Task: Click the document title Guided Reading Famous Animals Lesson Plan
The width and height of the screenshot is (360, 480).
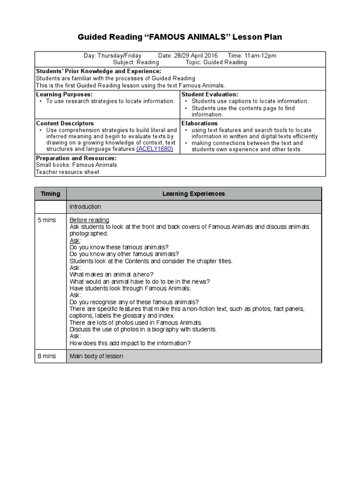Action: click(x=180, y=37)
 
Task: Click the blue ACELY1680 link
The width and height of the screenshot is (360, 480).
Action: click(x=155, y=149)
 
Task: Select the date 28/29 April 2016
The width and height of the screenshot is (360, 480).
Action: click(x=188, y=55)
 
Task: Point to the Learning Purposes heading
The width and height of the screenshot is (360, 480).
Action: click(x=60, y=94)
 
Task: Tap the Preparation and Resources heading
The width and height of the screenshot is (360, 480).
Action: click(x=70, y=158)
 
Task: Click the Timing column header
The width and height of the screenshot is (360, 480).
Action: click(x=50, y=194)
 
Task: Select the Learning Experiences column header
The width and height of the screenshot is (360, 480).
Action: click(x=194, y=194)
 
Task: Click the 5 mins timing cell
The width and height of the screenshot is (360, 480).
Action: click(x=47, y=220)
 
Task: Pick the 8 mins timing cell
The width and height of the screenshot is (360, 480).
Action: click(x=47, y=356)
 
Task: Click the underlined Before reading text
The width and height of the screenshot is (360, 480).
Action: click(x=89, y=220)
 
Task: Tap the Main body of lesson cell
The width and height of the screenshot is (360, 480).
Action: click(x=96, y=356)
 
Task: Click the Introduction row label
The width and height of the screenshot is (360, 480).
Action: click(x=85, y=207)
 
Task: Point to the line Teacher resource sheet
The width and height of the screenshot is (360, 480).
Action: click(x=67, y=172)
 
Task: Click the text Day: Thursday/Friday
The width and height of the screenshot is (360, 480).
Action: click(x=112, y=55)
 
